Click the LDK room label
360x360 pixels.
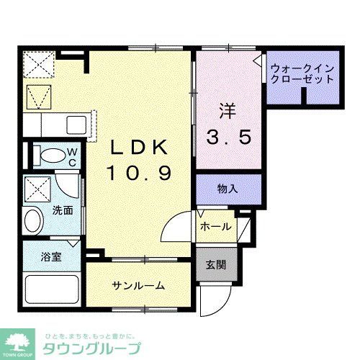click(139, 148)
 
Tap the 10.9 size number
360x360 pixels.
click(139, 173)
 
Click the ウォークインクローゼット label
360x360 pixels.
click(302, 73)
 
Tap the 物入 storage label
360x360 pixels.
click(228, 189)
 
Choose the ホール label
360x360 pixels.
click(216, 227)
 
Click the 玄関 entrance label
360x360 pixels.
click(216, 265)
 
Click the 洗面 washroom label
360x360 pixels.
click(63, 211)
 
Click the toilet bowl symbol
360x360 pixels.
click(52, 156)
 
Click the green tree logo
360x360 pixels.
click(22, 338)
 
